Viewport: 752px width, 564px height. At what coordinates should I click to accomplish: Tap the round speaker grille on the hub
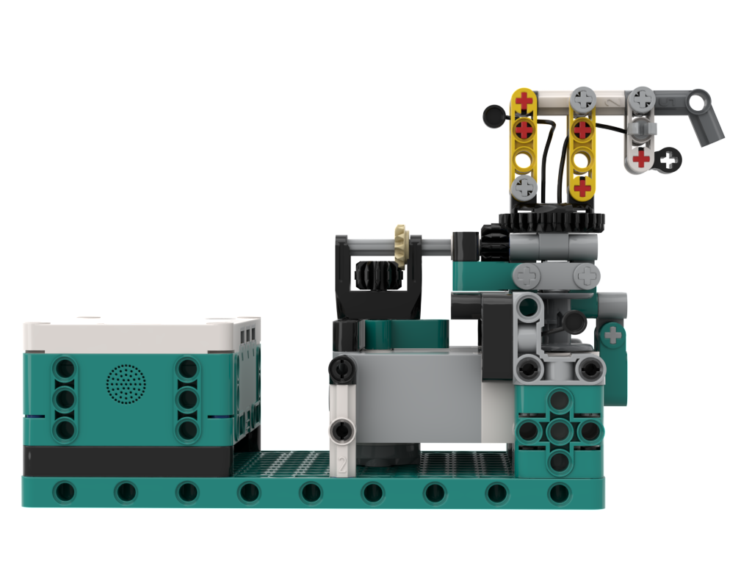point(126,383)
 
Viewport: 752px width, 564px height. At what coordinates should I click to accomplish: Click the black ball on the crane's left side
point(491,115)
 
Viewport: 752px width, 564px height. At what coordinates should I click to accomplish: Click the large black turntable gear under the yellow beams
point(551,220)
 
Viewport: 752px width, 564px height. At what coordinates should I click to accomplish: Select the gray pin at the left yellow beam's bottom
point(524,187)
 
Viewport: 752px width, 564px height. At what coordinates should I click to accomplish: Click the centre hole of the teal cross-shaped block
point(560,431)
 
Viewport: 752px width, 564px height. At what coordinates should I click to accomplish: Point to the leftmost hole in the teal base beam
point(65,491)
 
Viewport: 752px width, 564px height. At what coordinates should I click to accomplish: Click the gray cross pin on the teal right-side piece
point(612,336)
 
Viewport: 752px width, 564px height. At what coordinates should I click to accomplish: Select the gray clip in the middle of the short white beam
point(641,128)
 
